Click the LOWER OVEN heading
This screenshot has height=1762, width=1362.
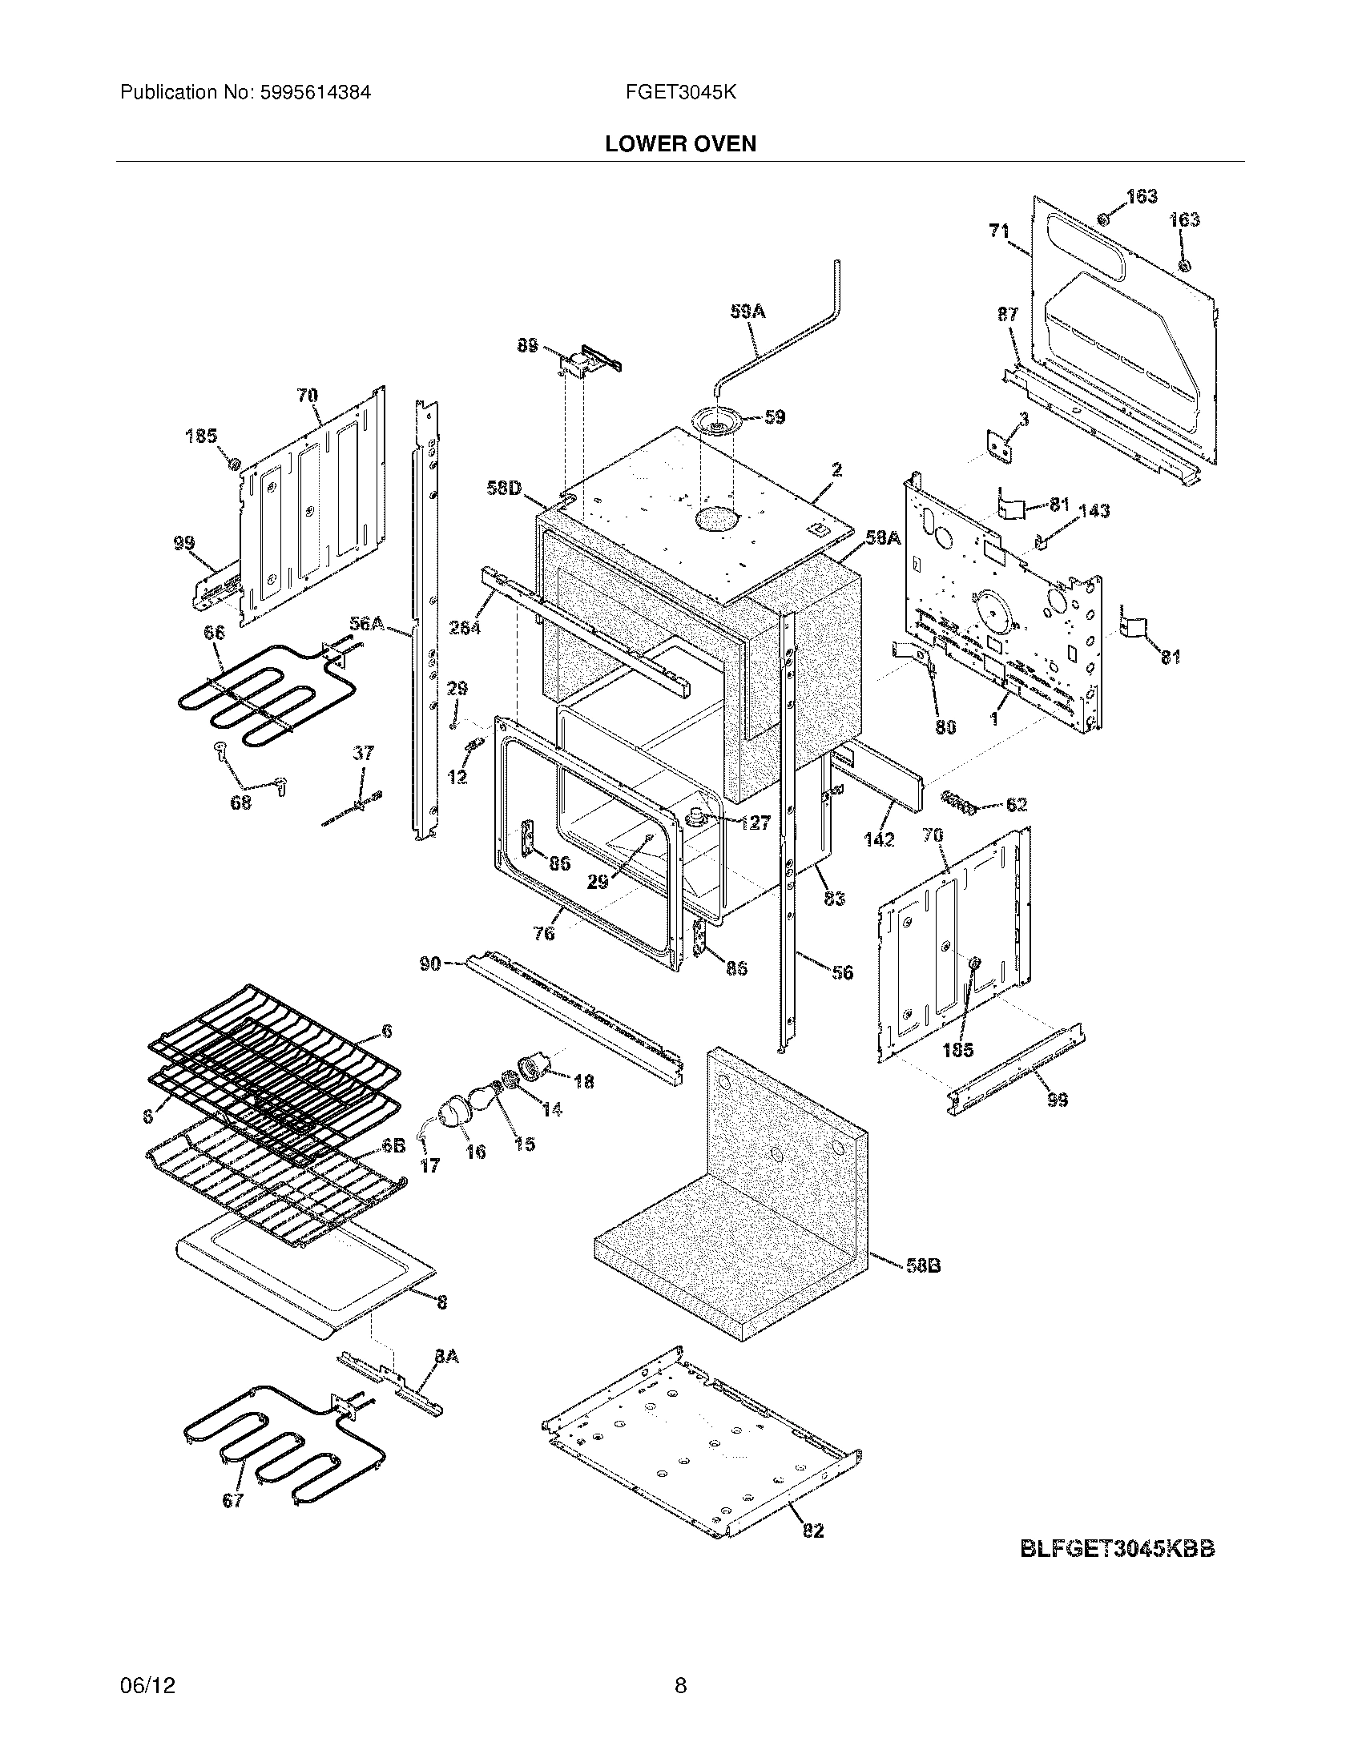coord(680,144)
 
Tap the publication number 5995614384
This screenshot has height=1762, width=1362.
coord(315,93)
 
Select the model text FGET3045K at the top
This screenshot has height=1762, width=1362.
coord(680,93)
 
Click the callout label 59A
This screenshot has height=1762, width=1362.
coord(747,311)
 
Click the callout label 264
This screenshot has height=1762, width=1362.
coord(465,626)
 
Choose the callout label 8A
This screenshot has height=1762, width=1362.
coord(446,1357)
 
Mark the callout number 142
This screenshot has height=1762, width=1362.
coord(878,839)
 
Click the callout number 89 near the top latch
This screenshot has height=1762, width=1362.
coord(527,345)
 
